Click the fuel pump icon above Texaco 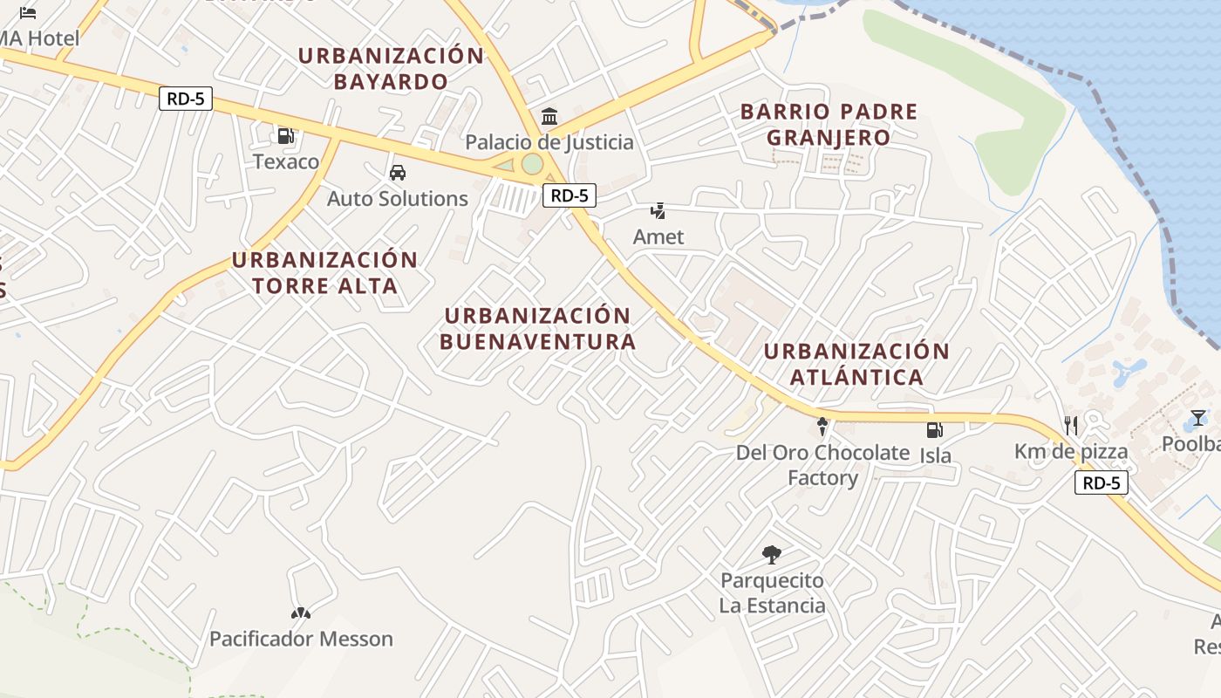click(x=285, y=136)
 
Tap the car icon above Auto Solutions click(x=398, y=172)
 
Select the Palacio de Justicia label click(x=549, y=142)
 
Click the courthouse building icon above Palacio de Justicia click(x=549, y=116)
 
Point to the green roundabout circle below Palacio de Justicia click(x=532, y=164)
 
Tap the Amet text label click(x=658, y=236)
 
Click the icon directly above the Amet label click(x=658, y=210)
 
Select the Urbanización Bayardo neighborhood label click(x=391, y=69)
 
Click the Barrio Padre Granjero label click(x=829, y=125)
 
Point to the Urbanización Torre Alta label click(x=324, y=273)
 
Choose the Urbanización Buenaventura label click(x=537, y=329)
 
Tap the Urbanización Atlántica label click(x=856, y=364)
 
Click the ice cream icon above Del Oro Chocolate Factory click(x=822, y=427)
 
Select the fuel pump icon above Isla click(x=934, y=429)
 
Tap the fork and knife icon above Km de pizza click(x=1071, y=426)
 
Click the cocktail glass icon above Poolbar click(x=1198, y=418)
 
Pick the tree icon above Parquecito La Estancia click(x=771, y=554)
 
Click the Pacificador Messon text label click(x=301, y=639)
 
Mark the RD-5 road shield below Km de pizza click(x=1101, y=482)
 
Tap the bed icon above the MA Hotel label click(x=28, y=13)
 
